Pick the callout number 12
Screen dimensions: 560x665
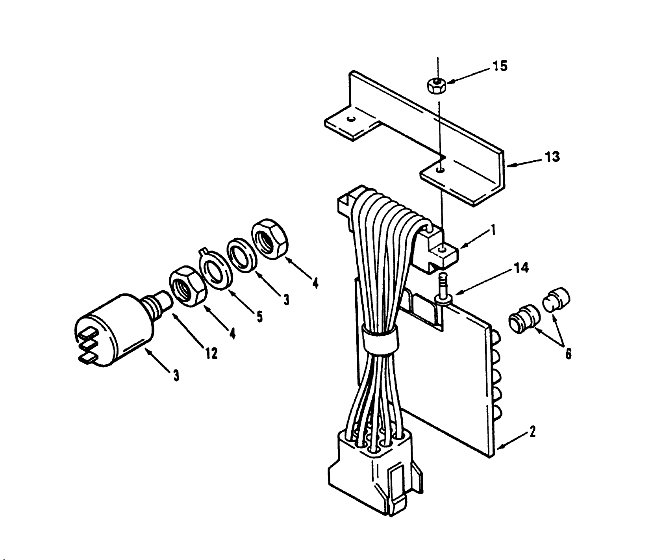click(x=211, y=354)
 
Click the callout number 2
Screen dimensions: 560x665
click(x=532, y=432)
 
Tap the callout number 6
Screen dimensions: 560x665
click(x=568, y=354)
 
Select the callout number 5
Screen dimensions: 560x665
click(x=259, y=316)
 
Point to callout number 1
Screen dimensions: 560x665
click(x=493, y=230)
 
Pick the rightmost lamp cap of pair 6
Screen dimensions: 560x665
click(x=556, y=300)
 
